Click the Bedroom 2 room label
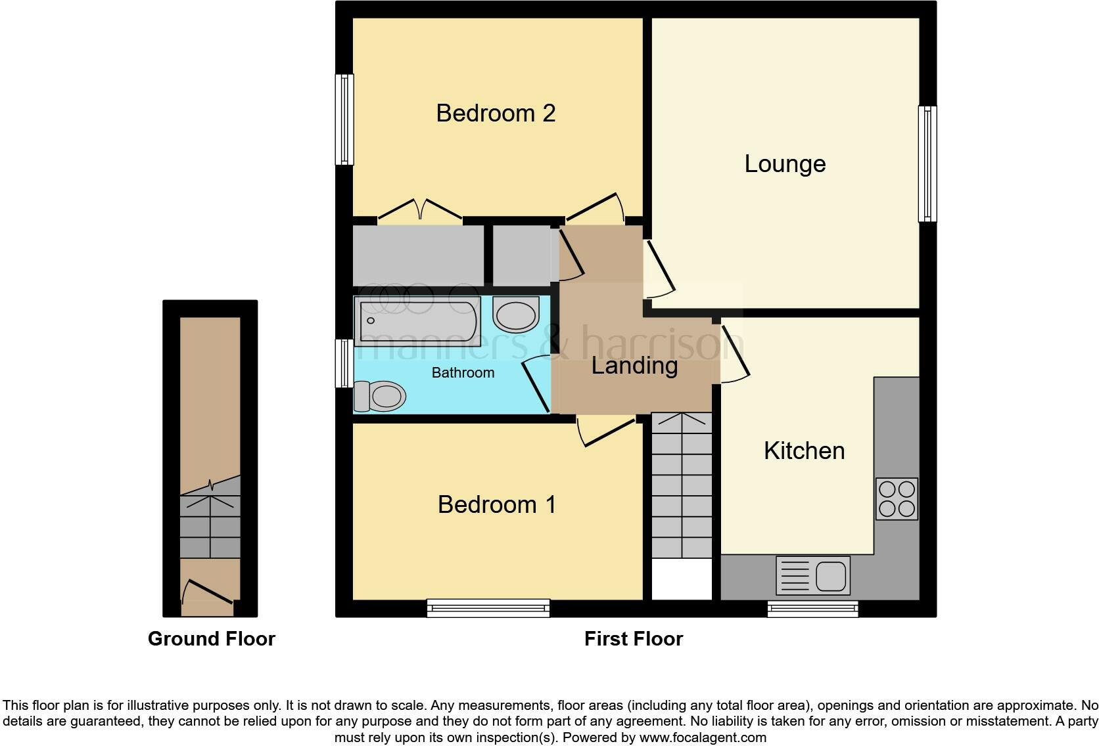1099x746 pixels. point(496,113)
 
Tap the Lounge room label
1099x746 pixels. point(785,164)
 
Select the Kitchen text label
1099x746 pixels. point(804,450)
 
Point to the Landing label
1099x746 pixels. point(634,365)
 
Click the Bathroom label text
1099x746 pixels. point(463,372)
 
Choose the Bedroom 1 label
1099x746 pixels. point(497,504)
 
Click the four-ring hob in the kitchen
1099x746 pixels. point(897,499)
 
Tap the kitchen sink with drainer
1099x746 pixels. point(813,575)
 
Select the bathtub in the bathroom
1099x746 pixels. point(416,320)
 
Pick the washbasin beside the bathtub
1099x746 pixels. point(515,315)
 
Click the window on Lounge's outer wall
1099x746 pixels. point(927,164)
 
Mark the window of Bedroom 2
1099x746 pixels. point(344,119)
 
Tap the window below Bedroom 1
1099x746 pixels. point(488,608)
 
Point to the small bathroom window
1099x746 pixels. point(344,363)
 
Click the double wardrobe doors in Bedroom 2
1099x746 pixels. point(420,209)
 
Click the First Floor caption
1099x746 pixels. point(634,638)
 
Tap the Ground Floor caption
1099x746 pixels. point(211,638)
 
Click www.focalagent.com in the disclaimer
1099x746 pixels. point(703,737)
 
